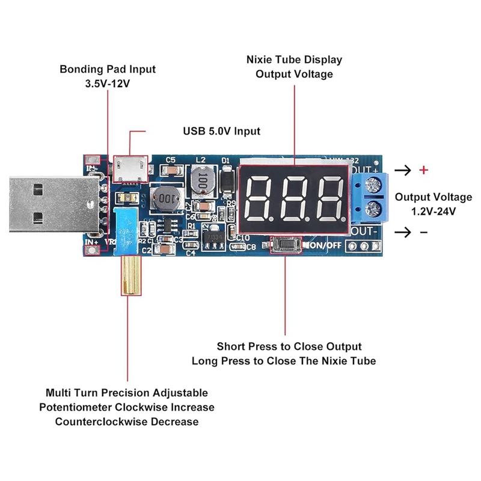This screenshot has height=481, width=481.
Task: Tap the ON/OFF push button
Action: coord(285,245)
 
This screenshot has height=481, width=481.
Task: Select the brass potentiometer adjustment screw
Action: coord(129,275)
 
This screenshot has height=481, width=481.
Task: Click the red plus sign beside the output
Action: coord(423,170)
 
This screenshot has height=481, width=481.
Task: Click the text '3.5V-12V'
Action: coord(108,84)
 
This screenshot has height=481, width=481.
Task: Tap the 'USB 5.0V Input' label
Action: coord(221,131)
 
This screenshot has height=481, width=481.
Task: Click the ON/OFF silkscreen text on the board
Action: coord(324,245)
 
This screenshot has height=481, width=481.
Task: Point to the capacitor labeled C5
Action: coord(171,171)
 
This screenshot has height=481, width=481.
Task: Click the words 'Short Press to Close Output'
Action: coord(289,346)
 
